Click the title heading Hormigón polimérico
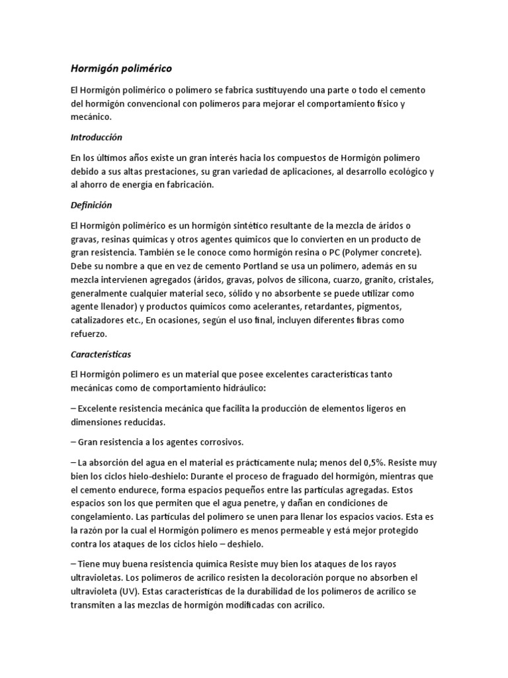coord(121,68)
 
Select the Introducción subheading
coord(97,138)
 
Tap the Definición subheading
coord(91,205)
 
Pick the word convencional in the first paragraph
coord(152,103)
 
